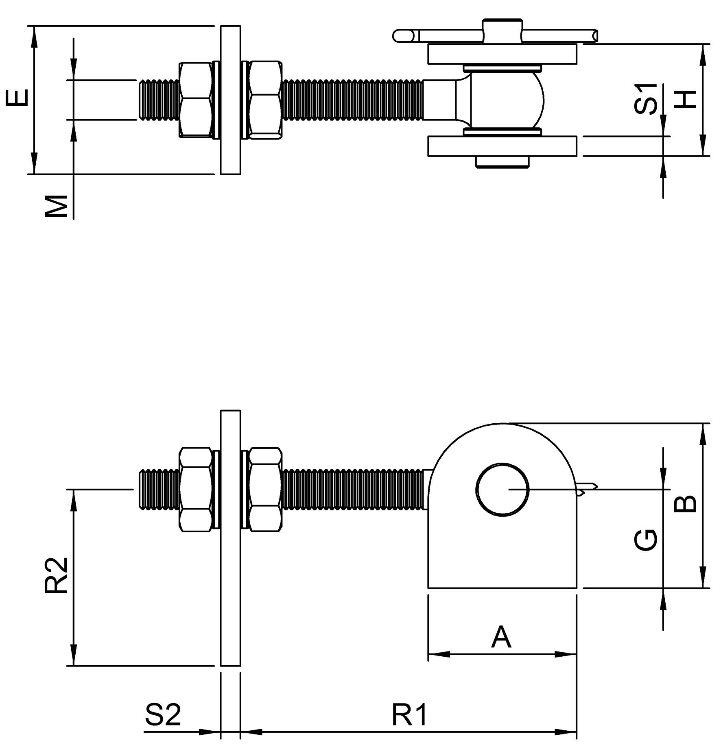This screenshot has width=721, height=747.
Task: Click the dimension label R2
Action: pos(56,576)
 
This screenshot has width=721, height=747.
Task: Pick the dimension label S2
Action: pos(163,692)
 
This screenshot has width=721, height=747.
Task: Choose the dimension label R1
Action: pos(409,692)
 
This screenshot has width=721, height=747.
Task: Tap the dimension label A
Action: pos(501,638)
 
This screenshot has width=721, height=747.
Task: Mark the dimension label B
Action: pos(686,504)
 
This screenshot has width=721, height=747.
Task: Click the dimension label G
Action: pos(646,540)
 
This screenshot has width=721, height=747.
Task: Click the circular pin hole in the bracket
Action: pos(503,490)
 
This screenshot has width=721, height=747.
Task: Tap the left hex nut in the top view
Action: pos(196,99)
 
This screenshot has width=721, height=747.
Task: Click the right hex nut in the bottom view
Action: pos(265,489)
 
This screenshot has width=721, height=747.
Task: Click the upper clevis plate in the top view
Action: pos(502,54)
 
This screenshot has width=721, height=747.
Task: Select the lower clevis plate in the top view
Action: pos(502,146)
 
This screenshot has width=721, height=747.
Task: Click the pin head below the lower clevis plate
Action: pos(502,162)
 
